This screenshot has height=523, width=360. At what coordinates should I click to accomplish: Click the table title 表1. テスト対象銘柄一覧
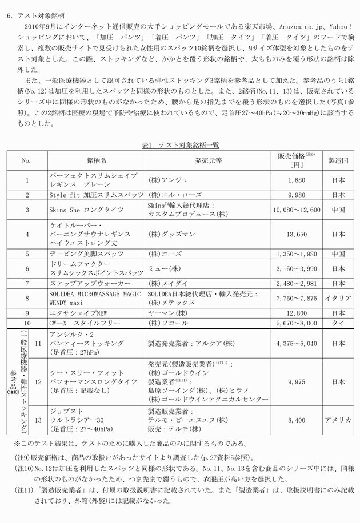(x=180, y=145)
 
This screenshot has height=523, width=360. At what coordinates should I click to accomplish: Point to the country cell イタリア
(x=338, y=298)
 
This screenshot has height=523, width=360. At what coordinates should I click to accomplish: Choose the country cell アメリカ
(x=338, y=420)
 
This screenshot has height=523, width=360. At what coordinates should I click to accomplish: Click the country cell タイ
(x=338, y=323)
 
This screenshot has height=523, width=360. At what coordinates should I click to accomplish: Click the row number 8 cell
(x=27, y=298)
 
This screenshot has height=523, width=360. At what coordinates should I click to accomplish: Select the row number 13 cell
(x=38, y=420)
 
